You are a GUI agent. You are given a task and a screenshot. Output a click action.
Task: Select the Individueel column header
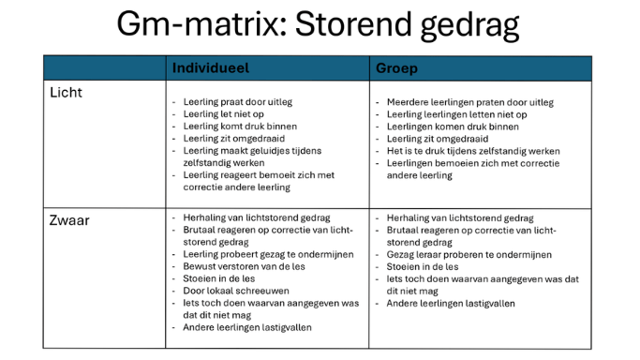(x=213, y=68)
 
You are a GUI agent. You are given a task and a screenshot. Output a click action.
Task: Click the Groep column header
(x=397, y=68)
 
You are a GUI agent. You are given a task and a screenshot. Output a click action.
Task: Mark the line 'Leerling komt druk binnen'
(x=239, y=127)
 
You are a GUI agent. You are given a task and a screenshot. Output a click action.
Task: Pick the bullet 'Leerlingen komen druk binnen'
(x=452, y=127)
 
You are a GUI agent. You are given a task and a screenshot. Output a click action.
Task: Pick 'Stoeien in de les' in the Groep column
(x=424, y=266)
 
